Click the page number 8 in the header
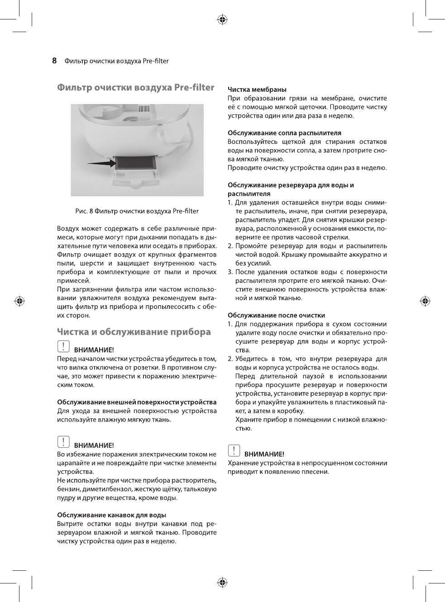pos(54,61)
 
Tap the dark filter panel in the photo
pos(135,162)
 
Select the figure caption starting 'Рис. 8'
pos(137,211)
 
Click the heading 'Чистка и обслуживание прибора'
pos(134,332)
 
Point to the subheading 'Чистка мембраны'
pos(257,90)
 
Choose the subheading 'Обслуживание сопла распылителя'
pos(284,133)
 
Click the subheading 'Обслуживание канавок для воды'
pos(111,515)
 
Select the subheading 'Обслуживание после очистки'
pos(276,315)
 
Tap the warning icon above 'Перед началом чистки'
pos(63,346)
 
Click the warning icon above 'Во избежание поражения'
pos(63,442)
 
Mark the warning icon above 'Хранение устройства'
pos(234,450)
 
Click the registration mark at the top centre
pos(222,19)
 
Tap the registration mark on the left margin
pos(19,301)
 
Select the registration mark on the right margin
pos(425,301)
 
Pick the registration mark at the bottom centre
pos(222,583)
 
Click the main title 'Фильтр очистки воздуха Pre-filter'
pos(136,87)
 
